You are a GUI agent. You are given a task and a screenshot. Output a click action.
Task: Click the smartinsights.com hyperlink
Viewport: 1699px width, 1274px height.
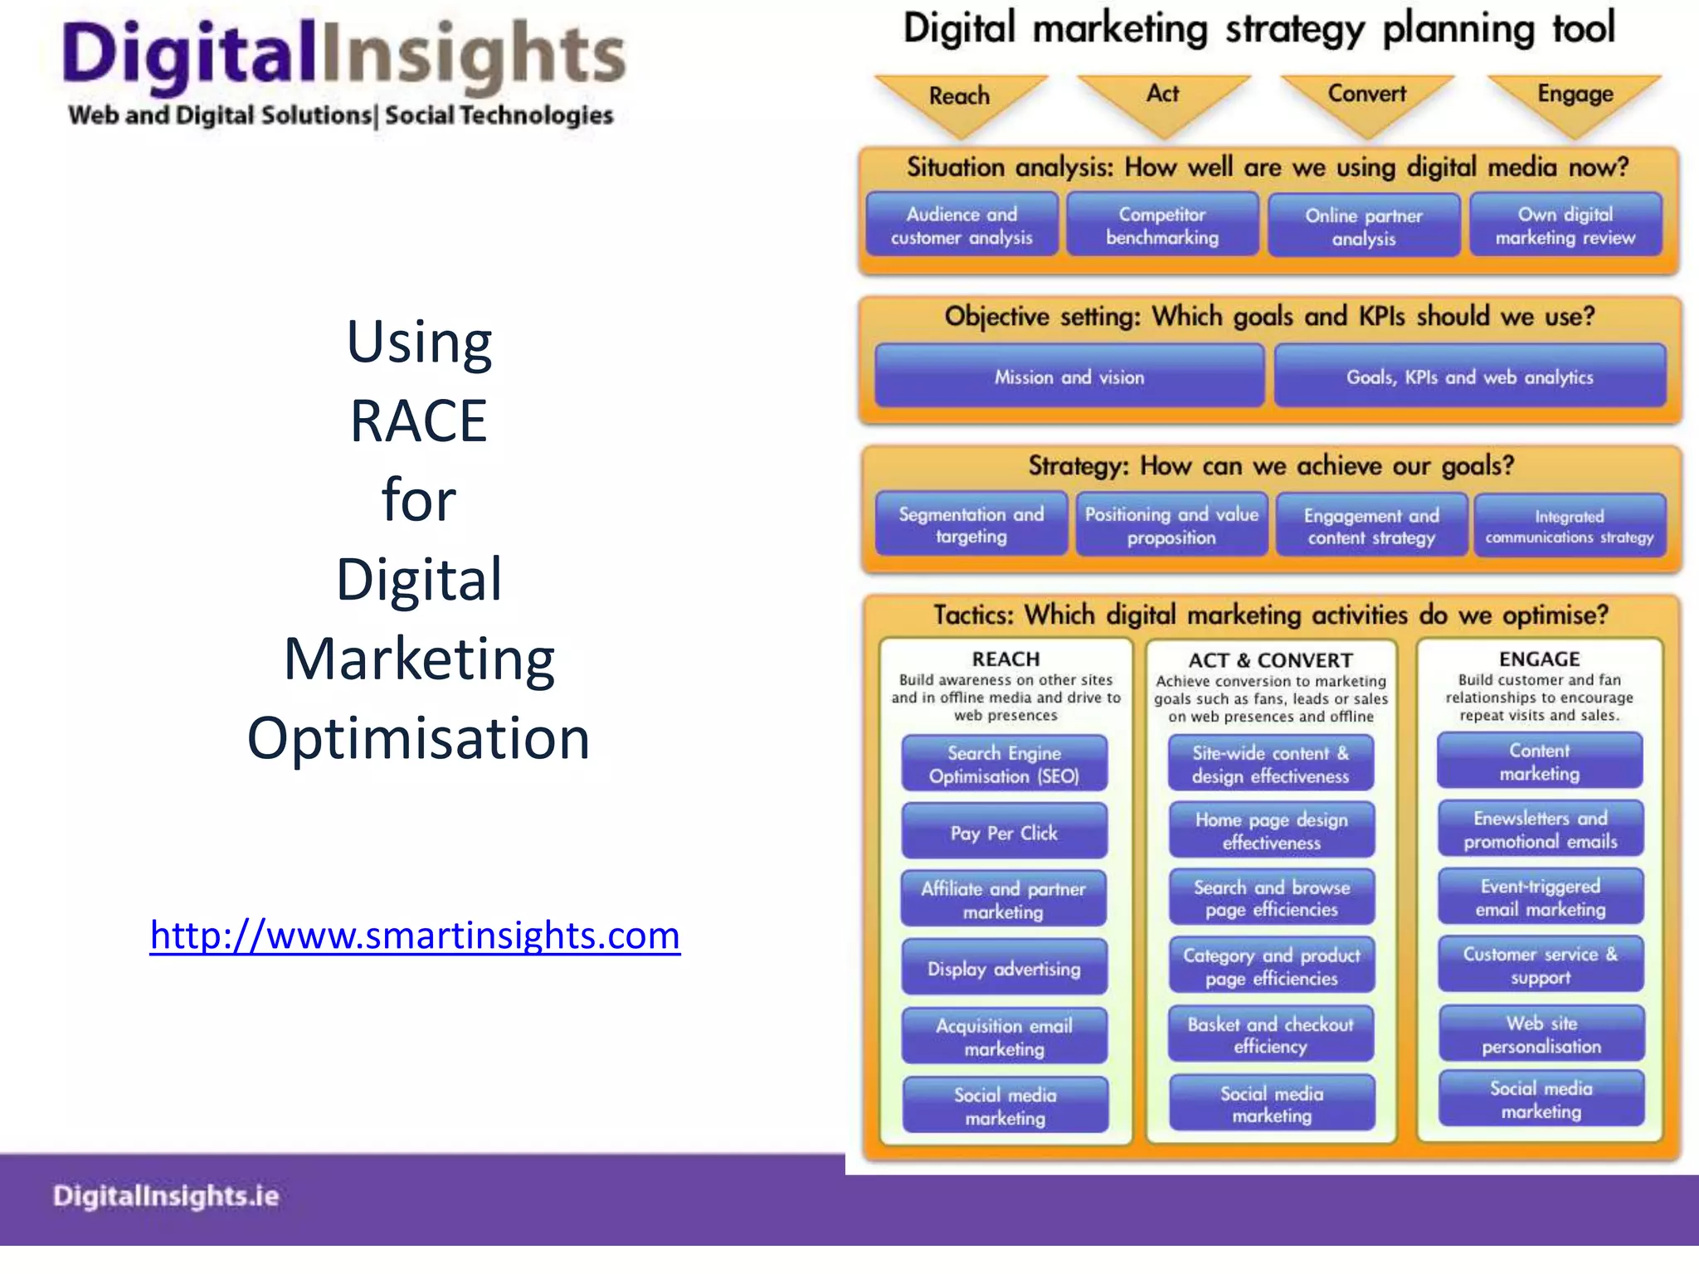pyautogui.click(x=415, y=936)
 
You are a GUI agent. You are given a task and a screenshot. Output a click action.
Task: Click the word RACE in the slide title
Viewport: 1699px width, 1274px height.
pyautogui.click(x=418, y=421)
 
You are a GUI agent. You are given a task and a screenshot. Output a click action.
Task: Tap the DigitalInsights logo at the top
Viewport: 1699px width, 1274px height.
pyautogui.click(x=342, y=73)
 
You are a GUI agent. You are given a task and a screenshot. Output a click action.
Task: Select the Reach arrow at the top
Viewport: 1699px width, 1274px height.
pyautogui.click(x=960, y=98)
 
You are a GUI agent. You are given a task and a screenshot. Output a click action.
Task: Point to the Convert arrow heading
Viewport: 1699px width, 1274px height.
pyautogui.click(x=1366, y=95)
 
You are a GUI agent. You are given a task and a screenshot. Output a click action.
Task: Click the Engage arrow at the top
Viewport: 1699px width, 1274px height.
pyautogui.click(x=1575, y=95)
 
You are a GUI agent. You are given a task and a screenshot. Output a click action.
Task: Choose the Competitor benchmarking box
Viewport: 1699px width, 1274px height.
pyautogui.click(x=1162, y=226)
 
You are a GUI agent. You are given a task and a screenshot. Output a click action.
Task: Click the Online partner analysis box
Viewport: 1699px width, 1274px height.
pyautogui.click(x=1364, y=226)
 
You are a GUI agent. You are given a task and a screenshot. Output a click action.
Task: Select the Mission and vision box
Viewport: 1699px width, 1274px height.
pyautogui.click(x=1069, y=377)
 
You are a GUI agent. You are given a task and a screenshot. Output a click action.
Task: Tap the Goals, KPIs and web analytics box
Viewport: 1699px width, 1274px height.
pyautogui.click(x=1469, y=377)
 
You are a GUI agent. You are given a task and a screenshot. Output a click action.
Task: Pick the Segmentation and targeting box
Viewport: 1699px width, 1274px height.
pyautogui.click(x=971, y=525)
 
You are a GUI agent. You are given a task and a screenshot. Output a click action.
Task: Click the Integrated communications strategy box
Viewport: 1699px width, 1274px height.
pyautogui.click(x=1569, y=527)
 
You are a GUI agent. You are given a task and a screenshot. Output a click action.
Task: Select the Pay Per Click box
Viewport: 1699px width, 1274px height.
pyautogui.click(x=1004, y=833)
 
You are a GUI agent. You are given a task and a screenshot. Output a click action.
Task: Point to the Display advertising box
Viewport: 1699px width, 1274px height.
pyautogui.click(x=1004, y=968)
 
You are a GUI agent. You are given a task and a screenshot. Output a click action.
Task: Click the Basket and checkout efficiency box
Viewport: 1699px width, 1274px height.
pyautogui.click(x=1270, y=1035)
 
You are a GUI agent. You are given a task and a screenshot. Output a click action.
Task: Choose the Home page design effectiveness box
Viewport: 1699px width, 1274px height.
pyautogui.click(x=1271, y=830)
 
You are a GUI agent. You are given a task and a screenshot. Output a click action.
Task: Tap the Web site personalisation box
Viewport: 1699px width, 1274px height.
pyautogui.click(x=1541, y=1034)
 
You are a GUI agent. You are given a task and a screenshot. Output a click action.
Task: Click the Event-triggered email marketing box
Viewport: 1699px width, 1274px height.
pyautogui.click(x=1541, y=897)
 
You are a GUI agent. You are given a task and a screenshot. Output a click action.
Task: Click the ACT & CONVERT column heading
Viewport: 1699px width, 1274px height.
pyautogui.click(x=1270, y=660)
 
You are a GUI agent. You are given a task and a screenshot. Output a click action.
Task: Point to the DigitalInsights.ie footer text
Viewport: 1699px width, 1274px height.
pyautogui.click(x=166, y=1196)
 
